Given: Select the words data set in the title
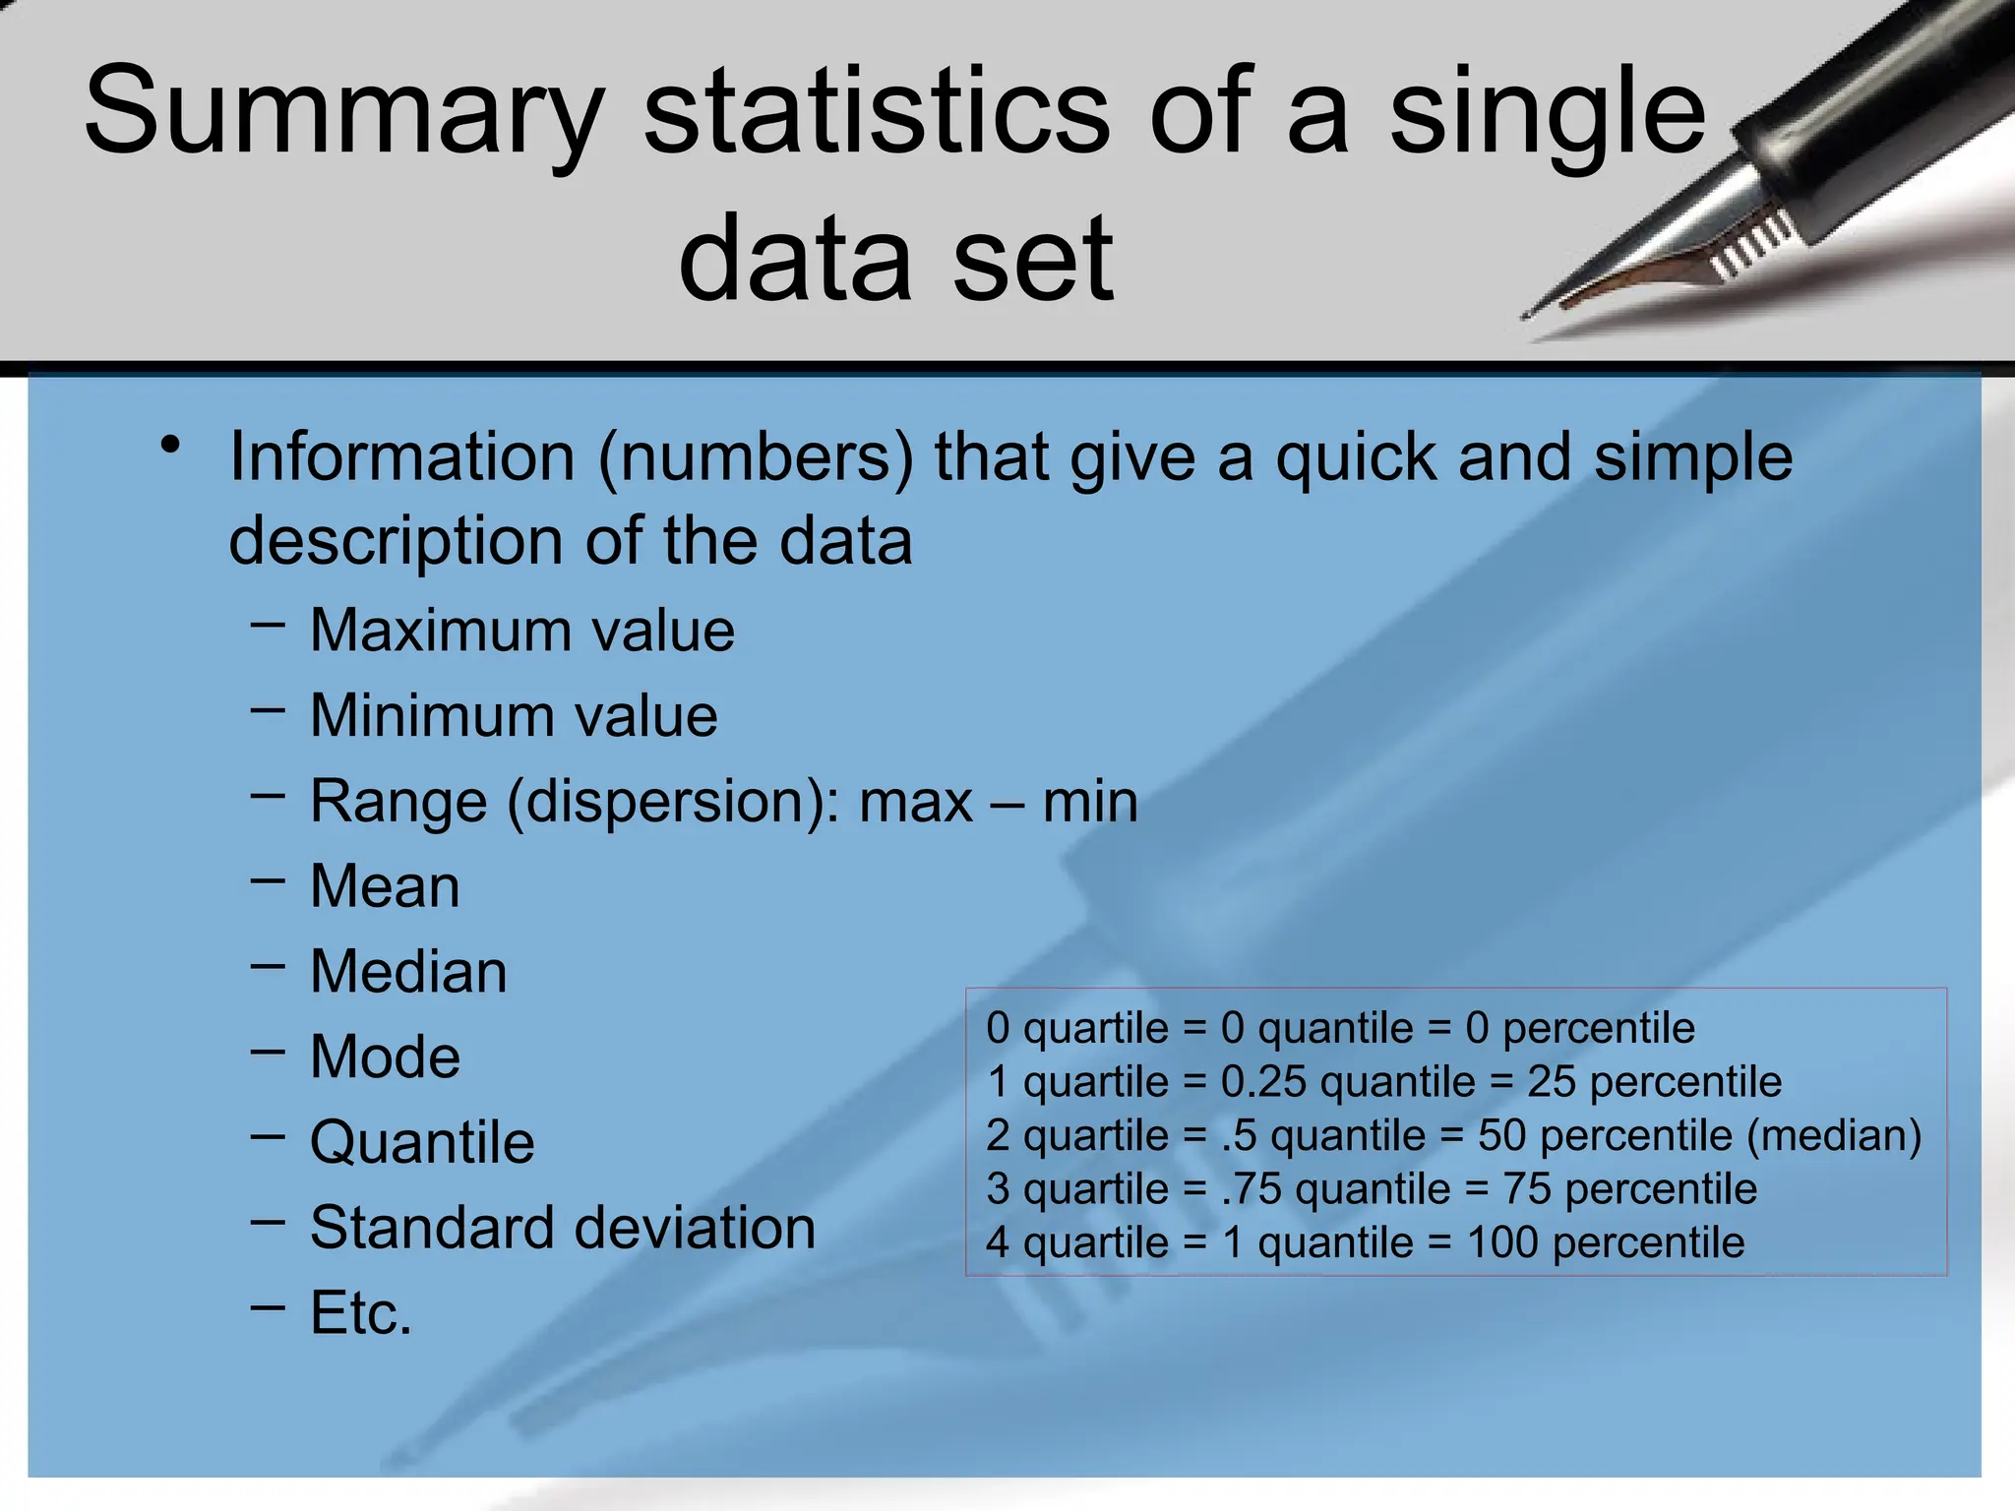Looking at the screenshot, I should pyautogui.click(x=895, y=259).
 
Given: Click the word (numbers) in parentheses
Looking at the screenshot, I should pyautogui.click(x=756, y=457).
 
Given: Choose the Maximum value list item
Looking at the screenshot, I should pyautogui.click(x=521, y=630).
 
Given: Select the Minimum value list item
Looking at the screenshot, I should pyautogui.click(x=514, y=715).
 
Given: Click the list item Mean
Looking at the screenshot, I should pyautogui.click(x=385, y=886).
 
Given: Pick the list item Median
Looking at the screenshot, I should pyautogui.click(x=408, y=972).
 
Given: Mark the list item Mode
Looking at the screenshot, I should pyautogui.click(x=385, y=1057).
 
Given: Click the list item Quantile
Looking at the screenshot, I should pyautogui.click(x=422, y=1142).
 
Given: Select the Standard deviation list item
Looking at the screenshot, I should pyautogui.click(x=563, y=1228).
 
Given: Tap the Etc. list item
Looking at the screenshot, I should pyautogui.click(x=361, y=1313).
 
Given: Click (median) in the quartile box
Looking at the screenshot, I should pyautogui.click(x=1834, y=1135).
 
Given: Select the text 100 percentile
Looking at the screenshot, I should pyautogui.click(x=1605, y=1242).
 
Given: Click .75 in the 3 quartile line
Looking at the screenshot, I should pyautogui.click(x=1252, y=1189).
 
